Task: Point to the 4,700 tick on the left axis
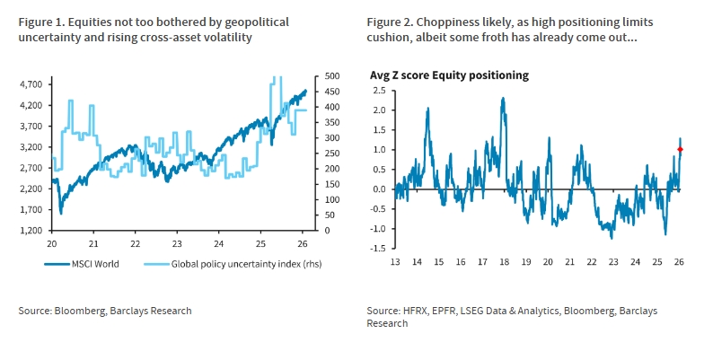tap(31, 84)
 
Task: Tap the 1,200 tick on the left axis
tap(31, 231)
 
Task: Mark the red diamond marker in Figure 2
tap(680, 150)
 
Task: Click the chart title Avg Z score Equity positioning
tap(449, 75)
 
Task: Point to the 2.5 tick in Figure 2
tap(379, 90)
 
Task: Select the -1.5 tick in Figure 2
tap(377, 249)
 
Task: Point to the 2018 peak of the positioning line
tap(503, 98)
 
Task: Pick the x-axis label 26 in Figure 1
tap(306, 243)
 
